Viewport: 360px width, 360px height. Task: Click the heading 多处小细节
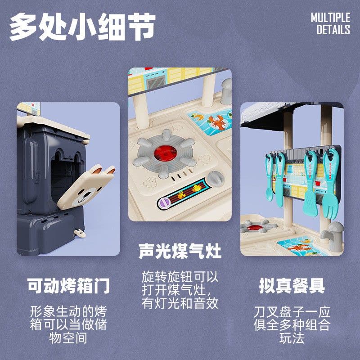click(82, 27)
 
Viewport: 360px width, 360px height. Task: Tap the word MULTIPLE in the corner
click(330, 18)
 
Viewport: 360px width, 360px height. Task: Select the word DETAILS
click(333, 30)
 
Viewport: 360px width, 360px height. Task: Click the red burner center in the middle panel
click(165, 153)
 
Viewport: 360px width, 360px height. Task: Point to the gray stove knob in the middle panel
click(216, 179)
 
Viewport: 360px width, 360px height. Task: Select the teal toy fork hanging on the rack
click(330, 184)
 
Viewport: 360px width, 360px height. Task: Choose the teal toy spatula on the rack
click(310, 184)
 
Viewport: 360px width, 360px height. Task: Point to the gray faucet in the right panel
click(333, 237)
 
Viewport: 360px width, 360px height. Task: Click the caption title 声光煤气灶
click(180, 251)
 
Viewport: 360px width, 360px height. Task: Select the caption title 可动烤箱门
click(68, 286)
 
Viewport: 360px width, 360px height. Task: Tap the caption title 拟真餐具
click(292, 286)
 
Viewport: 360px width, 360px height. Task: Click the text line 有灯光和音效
click(180, 303)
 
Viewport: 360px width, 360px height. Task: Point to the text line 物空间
click(68, 338)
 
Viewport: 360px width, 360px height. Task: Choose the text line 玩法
click(292, 338)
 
